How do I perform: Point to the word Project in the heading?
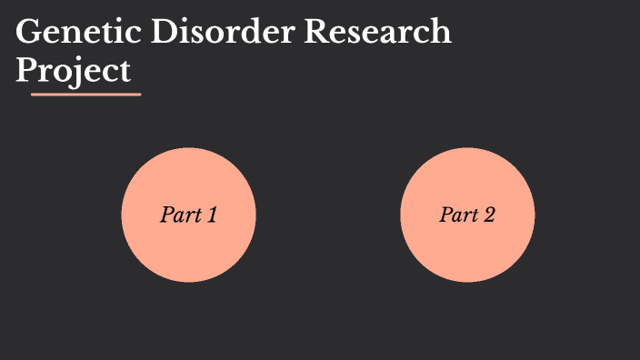(74, 70)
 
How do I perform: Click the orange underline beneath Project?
(85, 94)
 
